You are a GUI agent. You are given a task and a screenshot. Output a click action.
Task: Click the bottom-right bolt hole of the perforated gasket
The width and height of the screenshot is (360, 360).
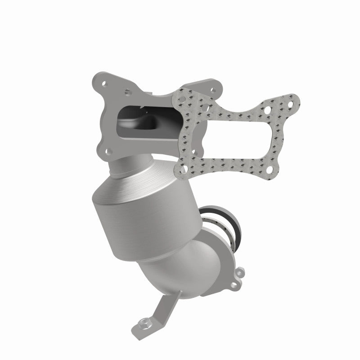click(270, 169)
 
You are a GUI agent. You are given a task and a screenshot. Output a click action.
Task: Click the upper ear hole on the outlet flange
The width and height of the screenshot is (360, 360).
click(240, 271)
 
